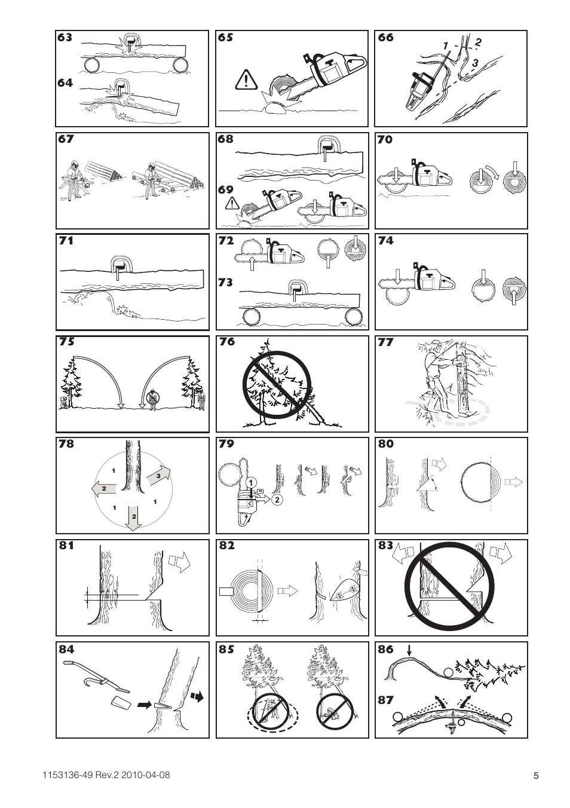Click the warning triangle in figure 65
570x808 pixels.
click(246, 79)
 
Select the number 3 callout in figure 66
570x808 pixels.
click(475, 63)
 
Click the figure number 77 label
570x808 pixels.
click(386, 342)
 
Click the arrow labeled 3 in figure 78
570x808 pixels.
click(158, 476)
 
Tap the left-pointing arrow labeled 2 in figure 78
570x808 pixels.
click(104, 488)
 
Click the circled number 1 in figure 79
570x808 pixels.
click(252, 482)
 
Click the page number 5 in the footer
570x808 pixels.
click(536, 776)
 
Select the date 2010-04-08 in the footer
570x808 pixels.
click(146, 775)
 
